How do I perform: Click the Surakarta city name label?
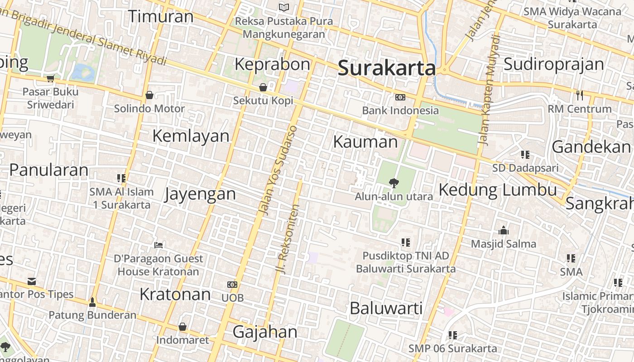[x=387, y=68]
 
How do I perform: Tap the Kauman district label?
[x=365, y=142]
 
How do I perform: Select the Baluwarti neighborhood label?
[x=386, y=308]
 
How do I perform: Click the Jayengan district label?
[x=200, y=194]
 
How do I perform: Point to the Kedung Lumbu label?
[x=498, y=190]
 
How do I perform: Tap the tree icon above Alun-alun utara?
[x=394, y=183]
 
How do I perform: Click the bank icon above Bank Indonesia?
[x=400, y=97]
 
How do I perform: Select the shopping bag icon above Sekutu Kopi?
[x=263, y=87]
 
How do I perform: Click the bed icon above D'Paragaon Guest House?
[x=158, y=245]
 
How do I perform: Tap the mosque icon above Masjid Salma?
[x=504, y=230]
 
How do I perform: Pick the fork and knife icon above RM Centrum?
[x=579, y=95]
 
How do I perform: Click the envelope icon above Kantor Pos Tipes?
[x=31, y=281]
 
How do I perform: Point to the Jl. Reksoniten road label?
[x=288, y=238]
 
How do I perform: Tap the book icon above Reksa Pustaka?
[x=284, y=7]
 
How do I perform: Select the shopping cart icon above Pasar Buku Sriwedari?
[x=50, y=78]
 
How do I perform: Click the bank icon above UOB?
[x=232, y=285]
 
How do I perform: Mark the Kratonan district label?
[x=175, y=294]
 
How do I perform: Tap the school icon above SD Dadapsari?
[x=525, y=155]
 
